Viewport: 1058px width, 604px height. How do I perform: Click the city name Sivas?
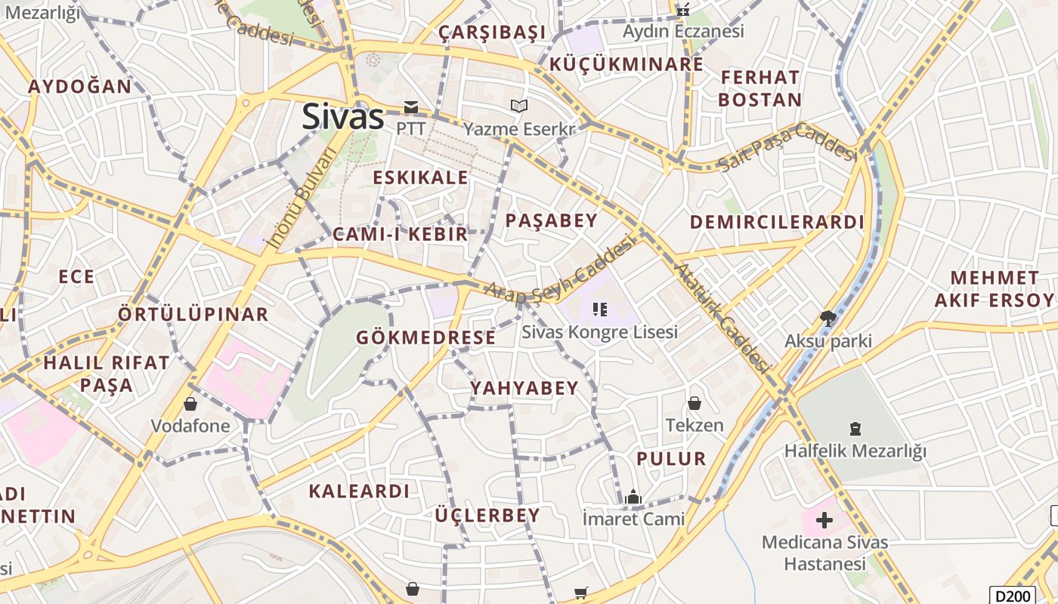(343, 117)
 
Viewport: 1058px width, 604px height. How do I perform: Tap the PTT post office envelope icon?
(411, 107)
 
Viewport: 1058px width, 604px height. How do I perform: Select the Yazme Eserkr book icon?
(518, 106)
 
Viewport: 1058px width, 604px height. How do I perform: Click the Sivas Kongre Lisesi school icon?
(600, 309)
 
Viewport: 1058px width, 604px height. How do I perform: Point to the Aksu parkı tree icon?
(828, 319)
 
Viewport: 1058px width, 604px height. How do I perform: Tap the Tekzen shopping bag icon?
(695, 404)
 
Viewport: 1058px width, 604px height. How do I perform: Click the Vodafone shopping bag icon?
(190, 404)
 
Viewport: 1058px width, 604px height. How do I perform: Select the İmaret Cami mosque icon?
(633, 497)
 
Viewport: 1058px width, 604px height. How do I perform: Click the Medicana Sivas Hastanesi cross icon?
(824, 520)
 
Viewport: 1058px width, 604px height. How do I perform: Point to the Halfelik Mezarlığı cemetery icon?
(855, 429)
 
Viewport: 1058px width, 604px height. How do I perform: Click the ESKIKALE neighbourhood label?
(421, 178)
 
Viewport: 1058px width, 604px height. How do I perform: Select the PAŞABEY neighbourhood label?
(551, 220)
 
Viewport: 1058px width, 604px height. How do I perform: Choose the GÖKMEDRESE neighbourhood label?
(426, 337)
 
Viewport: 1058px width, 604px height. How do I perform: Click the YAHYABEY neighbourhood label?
(524, 388)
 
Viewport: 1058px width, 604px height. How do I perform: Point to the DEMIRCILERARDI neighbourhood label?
(777, 222)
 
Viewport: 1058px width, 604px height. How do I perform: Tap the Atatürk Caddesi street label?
(722, 317)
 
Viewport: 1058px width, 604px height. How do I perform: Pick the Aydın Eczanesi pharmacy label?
(683, 31)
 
